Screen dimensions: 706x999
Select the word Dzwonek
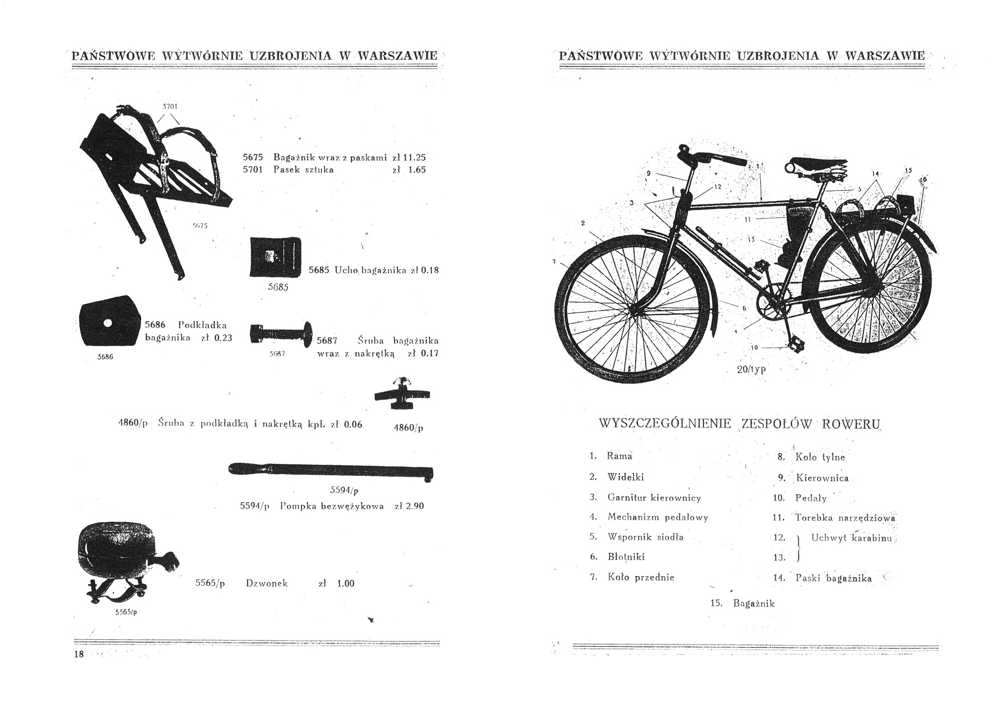[267, 583]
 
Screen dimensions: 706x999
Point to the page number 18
[79, 654]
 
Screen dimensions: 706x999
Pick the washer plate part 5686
[108, 321]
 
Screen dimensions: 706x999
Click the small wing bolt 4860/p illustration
[402, 394]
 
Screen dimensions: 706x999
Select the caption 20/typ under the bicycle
[751, 369]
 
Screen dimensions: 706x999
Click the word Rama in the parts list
[620, 455]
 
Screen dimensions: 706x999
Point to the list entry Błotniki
[626, 556]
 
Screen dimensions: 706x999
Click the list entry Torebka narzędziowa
[845, 518]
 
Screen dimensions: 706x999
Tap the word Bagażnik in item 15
[754, 603]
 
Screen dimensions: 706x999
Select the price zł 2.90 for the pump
[409, 506]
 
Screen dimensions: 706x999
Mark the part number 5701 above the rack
[170, 106]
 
